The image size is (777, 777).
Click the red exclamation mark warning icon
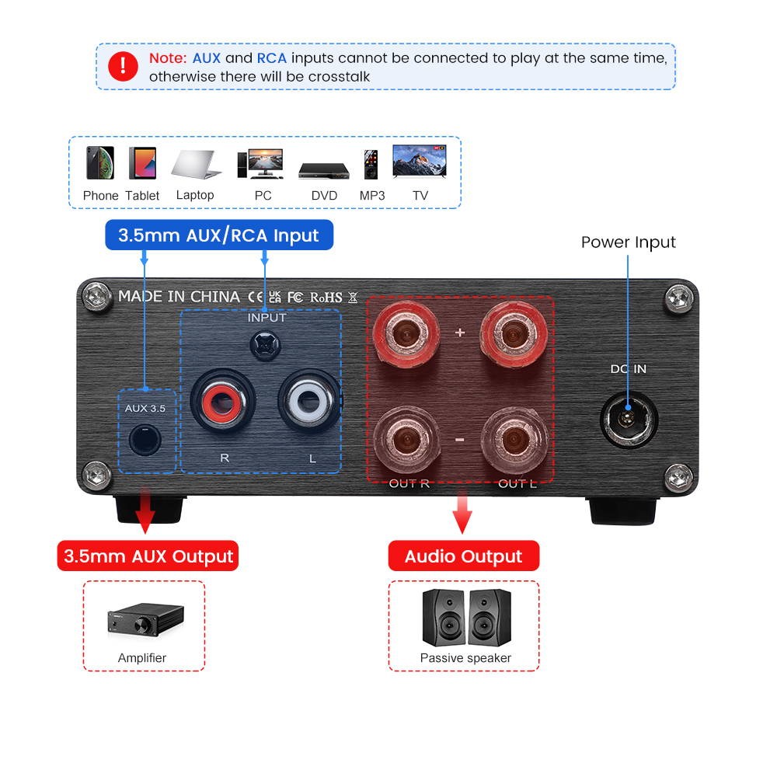coord(123,66)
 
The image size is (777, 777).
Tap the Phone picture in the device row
coord(100,162)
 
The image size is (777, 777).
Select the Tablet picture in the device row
coord(143,163)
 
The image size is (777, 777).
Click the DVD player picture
coord(324,171)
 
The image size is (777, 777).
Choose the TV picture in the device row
coord(420,161)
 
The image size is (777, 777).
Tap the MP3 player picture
coord(371,165)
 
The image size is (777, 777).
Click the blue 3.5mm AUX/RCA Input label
coord(219,235)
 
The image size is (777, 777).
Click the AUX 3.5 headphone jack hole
coord(145,440)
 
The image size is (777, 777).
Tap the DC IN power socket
coord(629,420)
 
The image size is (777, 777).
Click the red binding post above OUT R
coord(406,333)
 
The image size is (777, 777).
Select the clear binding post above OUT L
coord(514,440)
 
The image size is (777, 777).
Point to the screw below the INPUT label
coord(265,346)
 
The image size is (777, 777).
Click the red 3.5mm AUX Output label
coord(148,556)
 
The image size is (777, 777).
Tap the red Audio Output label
coord(464,556)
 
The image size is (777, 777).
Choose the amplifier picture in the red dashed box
coord(146,619)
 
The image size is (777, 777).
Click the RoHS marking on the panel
coord(326,298)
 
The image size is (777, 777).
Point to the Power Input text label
coord(629,242)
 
